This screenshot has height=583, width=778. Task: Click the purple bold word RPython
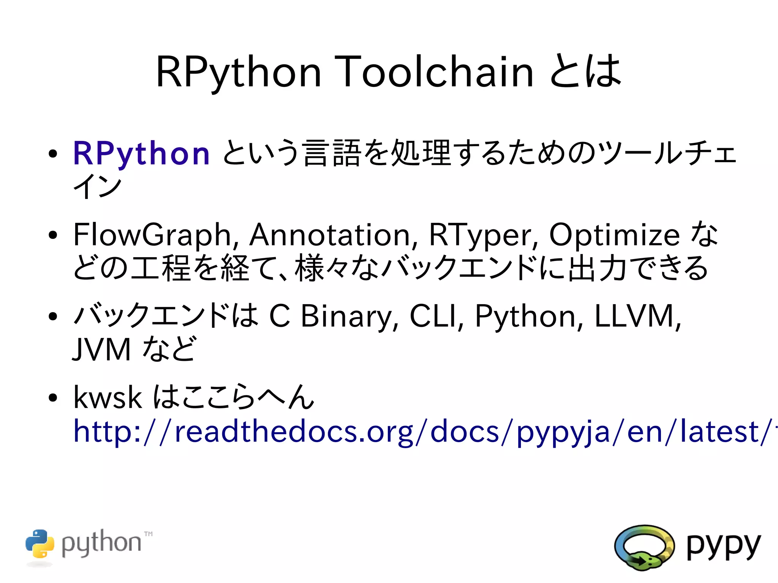[x=141, y=153]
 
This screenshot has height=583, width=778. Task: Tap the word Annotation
[x=334, y=235]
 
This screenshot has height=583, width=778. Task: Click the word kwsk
[x=108, y=397]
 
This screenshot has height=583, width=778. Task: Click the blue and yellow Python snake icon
[x=40, y=544]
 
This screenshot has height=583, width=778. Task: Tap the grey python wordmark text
[x=101, y=543]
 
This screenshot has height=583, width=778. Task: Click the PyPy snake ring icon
[x=644, y=547]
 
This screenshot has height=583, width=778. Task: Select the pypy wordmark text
[x=723, y=545]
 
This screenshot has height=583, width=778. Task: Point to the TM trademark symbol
[x=149, y=534]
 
